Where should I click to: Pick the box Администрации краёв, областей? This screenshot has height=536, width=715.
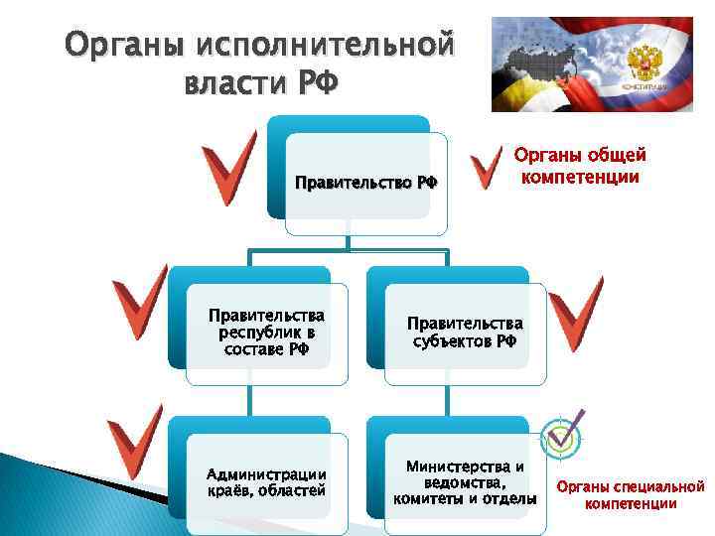265,481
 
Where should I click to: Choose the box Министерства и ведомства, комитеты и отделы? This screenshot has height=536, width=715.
465,481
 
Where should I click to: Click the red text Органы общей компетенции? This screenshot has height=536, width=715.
580,166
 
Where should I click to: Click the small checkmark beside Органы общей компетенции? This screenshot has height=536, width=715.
486,170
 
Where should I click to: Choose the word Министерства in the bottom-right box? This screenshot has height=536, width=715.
465,466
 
